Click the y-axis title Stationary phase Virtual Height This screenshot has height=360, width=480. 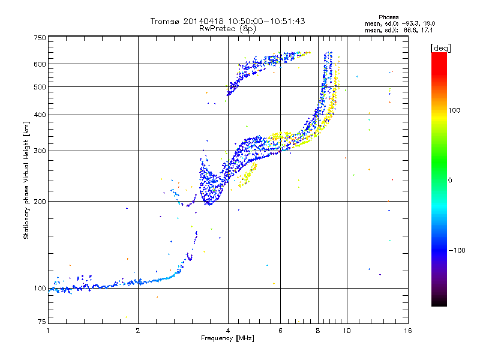[x=26, y=180]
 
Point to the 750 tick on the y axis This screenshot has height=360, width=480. [x=40, y=38]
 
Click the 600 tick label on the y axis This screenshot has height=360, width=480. [x=40, y=64]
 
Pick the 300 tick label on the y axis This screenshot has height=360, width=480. [x=40, y=151]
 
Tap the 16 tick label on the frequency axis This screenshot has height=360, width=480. [x=407, y=331]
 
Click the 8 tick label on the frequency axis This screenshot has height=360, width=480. [x=318, y=331]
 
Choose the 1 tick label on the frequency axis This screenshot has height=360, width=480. [x=49, y=331]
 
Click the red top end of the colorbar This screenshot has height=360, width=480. [x=439, y=55]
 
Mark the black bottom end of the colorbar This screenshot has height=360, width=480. [x=439, y=304]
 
